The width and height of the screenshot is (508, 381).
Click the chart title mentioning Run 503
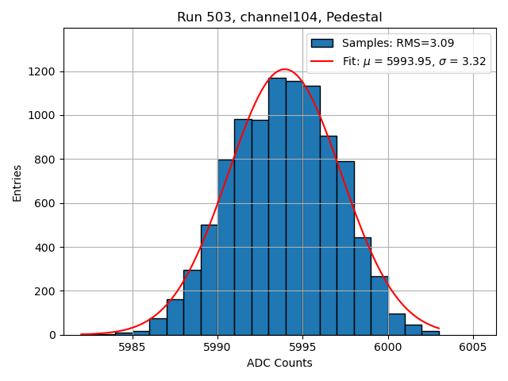279,17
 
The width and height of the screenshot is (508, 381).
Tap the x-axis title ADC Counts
279,363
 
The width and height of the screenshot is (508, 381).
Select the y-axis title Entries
17,183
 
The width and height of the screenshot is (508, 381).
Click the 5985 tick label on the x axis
132,347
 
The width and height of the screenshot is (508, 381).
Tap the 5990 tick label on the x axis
217,347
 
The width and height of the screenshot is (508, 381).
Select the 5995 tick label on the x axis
302,347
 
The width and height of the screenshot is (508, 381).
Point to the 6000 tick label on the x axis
387,347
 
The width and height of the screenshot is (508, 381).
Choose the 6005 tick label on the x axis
473,347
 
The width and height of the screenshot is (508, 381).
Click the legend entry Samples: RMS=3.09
398,43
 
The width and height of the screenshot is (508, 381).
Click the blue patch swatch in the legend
323,43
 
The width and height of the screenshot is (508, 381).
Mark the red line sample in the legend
323,61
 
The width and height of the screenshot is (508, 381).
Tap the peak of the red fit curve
285,69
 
